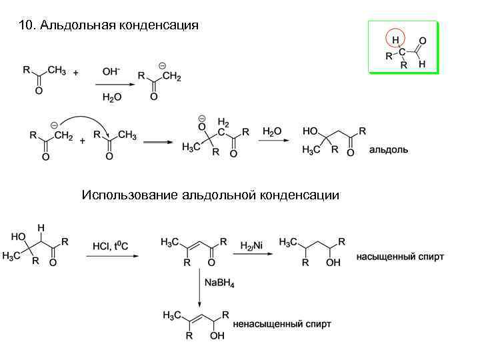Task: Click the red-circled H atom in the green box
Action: pos(395,40)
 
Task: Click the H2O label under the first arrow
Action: pos(112,97)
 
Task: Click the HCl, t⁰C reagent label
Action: pos(111,245)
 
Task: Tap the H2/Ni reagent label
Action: pos(251,245)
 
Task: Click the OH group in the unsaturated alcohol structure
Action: pos(217,337)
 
